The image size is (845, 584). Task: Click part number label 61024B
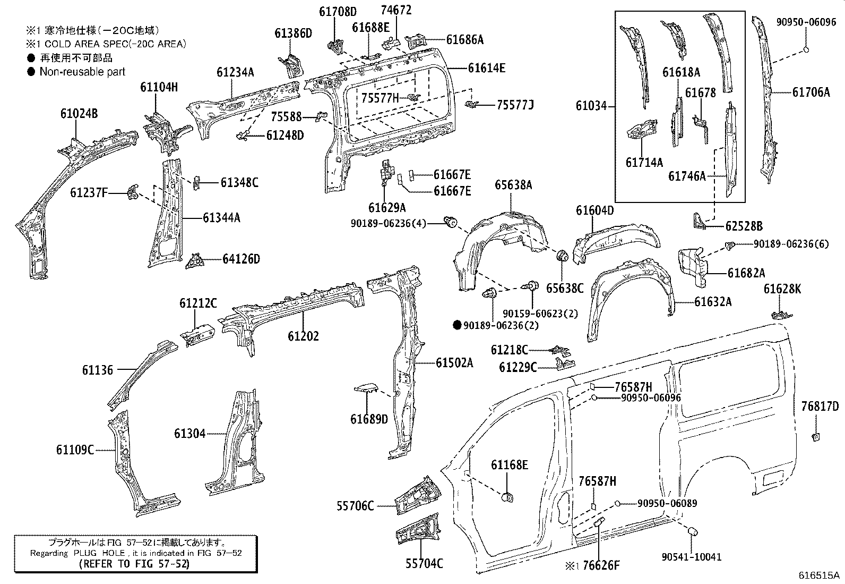click(79, 114)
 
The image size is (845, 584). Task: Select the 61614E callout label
click(486, 68)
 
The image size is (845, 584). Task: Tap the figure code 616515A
click(820, 575)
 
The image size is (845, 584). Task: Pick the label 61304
click(189, 434)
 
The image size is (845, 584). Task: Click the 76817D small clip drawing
click(816, 437)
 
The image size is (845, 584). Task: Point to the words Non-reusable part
click(82, 71)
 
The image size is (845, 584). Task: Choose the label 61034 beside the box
click(591, 106)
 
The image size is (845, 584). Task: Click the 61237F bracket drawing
click(133, 193)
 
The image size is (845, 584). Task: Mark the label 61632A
click(713, 302)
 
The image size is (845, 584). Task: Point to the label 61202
click(303, 336)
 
